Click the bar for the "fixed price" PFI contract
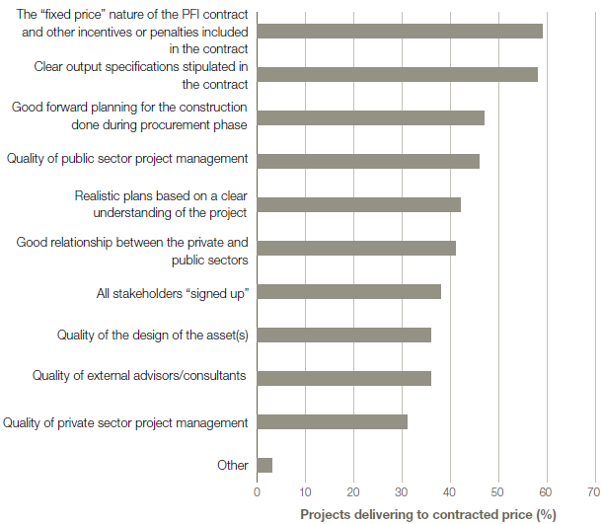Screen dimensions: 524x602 coord(400,31)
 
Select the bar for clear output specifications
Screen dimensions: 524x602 coord(397,74)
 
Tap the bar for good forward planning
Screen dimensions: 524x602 coord(370,117)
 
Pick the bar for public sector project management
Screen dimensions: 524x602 coord(368,161)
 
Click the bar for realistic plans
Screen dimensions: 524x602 coord(358,204)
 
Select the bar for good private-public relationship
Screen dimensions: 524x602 coord(356,248)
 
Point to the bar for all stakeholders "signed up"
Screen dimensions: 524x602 coord(348,291)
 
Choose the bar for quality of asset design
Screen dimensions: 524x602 coord(343,335)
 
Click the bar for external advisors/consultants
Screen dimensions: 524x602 coord(343,378)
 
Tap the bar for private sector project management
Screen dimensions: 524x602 coord(332,421)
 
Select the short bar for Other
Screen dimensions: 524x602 coord(264,465)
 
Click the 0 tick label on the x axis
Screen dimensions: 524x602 coord(257,490)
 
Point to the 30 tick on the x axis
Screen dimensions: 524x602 coord(402,490)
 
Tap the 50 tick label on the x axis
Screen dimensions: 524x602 coord(497,490)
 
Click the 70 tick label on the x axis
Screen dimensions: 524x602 coord(593,490)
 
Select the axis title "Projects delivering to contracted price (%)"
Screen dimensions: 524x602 coord(428,513)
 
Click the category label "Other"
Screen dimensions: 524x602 coord(232,465)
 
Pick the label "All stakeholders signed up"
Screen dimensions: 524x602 coord(172,291)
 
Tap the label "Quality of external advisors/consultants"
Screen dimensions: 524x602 coord(139,375)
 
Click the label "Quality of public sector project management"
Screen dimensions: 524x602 coord(126,158)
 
